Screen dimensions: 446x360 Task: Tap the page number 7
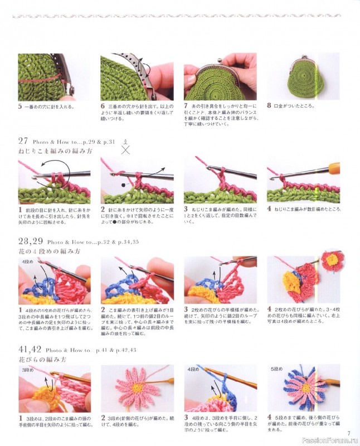click(348, 433)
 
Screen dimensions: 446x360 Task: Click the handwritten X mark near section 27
click(126, 149)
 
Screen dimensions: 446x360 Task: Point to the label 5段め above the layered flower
click(277, 370)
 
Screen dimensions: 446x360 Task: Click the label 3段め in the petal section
click(27, 370)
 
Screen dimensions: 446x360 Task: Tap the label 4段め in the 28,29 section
click(27, 261)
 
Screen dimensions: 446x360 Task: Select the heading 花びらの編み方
click(42, 360)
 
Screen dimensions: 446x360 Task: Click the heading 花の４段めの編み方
click(49, 251)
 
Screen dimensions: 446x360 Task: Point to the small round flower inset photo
click(333, 261)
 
